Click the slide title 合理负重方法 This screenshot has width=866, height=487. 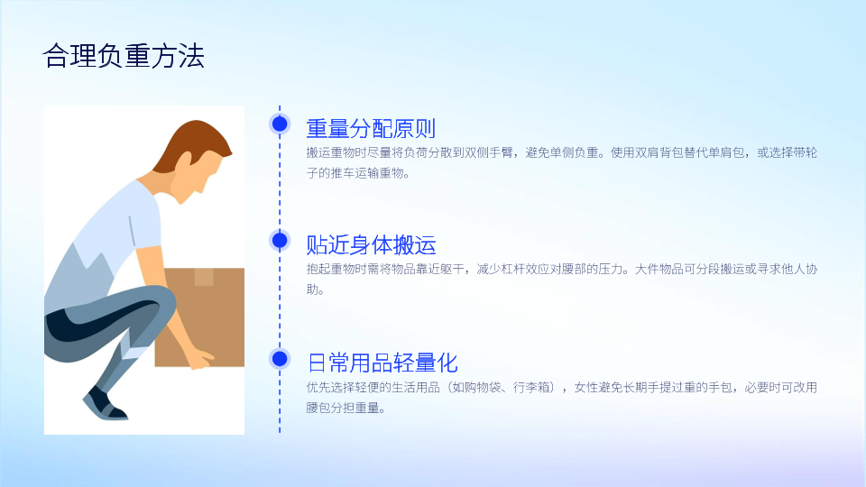pyautogui.click(x=124, y=56)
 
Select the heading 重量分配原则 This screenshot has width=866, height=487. pyautogui.click(x=371, y=128)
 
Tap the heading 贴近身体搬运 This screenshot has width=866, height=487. pyautogui.click(x=371, y=244)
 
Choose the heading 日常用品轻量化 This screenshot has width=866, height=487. pyautogui.click(x=382, y=363)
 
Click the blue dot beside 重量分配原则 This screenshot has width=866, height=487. pyautogui.click(x=280, y=124)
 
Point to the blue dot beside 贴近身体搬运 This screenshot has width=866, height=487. pyautogui.click(x=280, y=241)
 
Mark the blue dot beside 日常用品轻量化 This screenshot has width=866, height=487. pyautogui.click(x=280, y=359)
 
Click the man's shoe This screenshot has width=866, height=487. pyautogui.click(x=105, y=405)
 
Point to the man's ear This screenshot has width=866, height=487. pyautogui.click(x=184, y=160)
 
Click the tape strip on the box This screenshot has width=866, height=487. pyautogui.click(x=204, y=277)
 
